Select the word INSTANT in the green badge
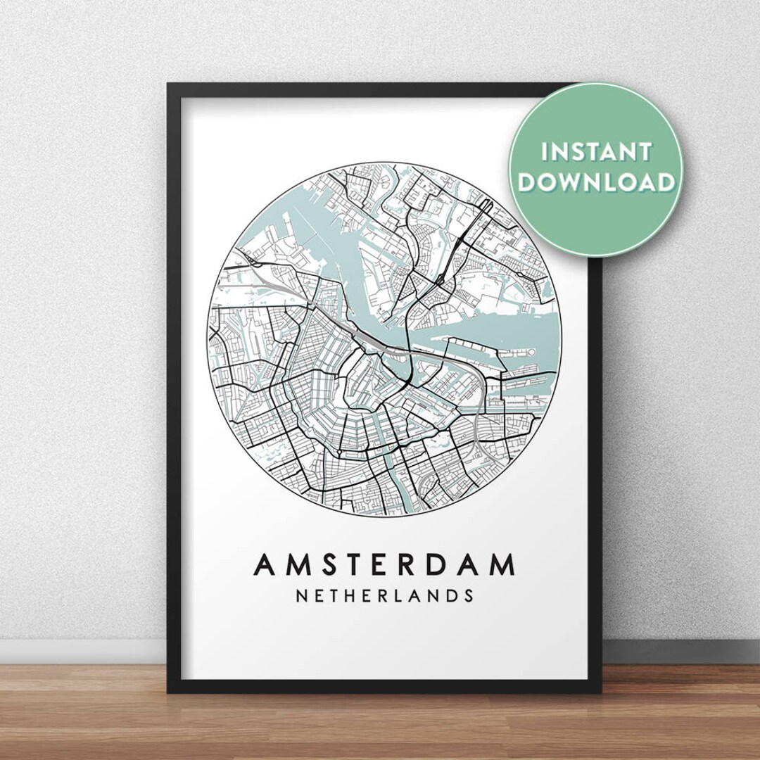pyautogui.click(x=595, y=151)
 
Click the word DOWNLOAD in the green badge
pyautogui.click(x=595, y=182)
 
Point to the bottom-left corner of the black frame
pyautogui.click(x=170, y=690)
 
